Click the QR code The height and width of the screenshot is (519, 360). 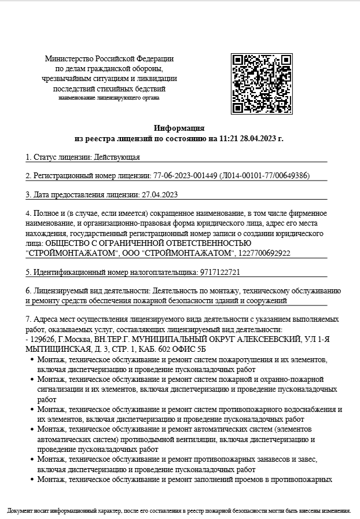261,84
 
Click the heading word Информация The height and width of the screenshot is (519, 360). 179,128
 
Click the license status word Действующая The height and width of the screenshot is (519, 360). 117,157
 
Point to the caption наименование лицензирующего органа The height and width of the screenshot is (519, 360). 109,98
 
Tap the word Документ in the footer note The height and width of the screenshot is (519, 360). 21,511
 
